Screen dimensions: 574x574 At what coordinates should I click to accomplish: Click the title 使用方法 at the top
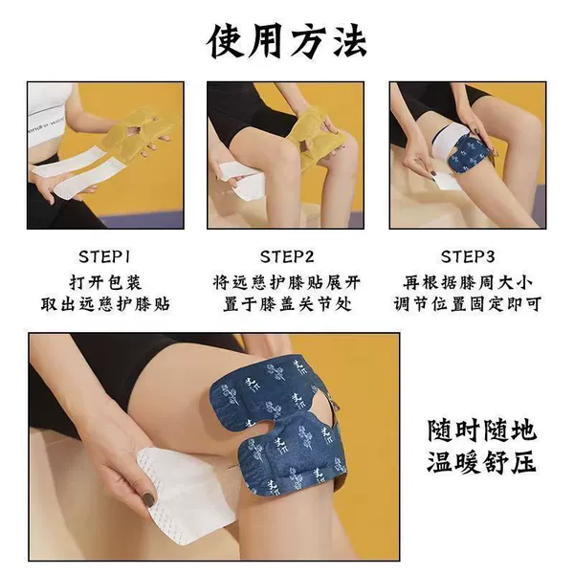pyautogui.click(x=287, y=41)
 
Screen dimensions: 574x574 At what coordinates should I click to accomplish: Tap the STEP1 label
pyautogui.click(x=104, y=256)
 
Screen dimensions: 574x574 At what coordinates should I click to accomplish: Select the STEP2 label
pyautogui.click(x=287, y=256)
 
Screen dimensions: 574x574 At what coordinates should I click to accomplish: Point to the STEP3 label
pyautogui.click(x=468, y=256)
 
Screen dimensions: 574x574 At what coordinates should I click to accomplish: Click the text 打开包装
pyautogui.click(x=105, y=282)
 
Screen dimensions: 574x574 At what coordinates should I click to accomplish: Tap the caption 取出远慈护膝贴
pyautogui.click(x=105, y=304)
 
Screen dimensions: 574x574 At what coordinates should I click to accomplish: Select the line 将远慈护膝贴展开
pyautogui.click(x=287, y=282)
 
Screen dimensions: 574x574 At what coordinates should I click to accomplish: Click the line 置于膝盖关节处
pyautogui.click(x=287, y=304)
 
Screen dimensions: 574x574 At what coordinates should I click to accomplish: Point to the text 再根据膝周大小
pyautogui.click(x=468, y=282)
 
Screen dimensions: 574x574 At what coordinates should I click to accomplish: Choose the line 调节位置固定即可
pyautogui.click(x=468, y=304)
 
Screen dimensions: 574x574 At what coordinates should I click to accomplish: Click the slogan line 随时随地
pyautogui.click(x=482, y=430)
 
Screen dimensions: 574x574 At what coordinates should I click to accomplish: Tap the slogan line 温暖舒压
pyautogui.click(x=482, y=462)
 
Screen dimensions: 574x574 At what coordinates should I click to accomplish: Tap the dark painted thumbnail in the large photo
pyautogui.click(x=148, y=499)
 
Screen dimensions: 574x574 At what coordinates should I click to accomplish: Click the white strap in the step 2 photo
pyautogui.click(x=242, y=182)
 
